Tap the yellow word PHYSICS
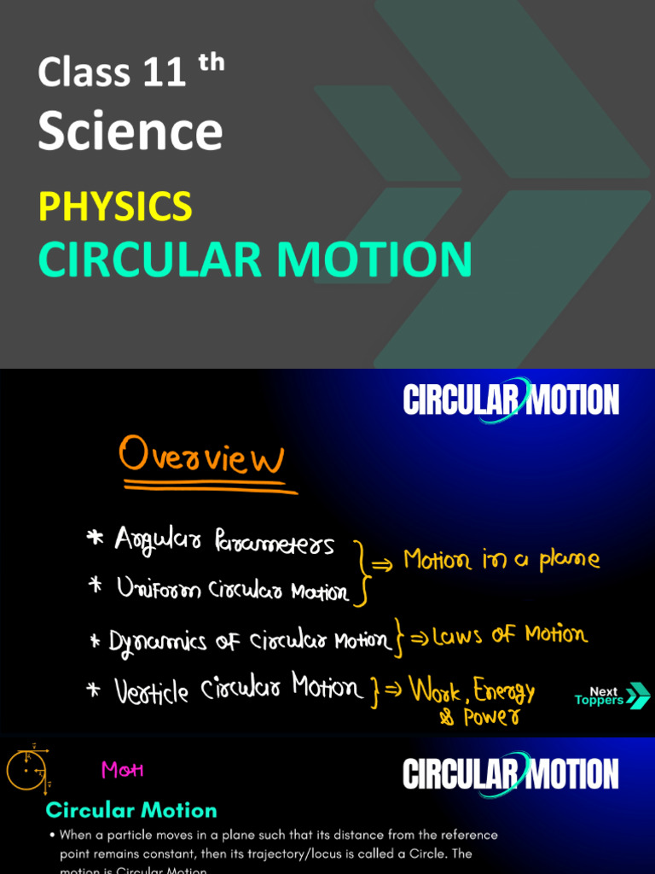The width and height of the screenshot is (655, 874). tap(115, 207)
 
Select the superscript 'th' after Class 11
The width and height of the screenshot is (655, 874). tap(211, 63)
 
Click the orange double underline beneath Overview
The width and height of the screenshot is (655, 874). tap(210, 487)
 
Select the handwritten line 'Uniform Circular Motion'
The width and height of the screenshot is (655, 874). tap(232, 590)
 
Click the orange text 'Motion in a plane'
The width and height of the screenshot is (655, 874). tap(501, 560)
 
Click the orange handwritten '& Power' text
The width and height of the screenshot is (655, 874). tap(478, 718)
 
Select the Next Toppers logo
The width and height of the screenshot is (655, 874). tap(612, 696)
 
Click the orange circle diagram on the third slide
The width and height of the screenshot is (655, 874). tap(26, 770)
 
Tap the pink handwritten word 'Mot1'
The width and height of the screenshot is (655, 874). tap(123, 770)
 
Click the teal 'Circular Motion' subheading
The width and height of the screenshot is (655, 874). tap(131, 810)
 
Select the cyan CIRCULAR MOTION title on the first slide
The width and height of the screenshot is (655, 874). tap(254, 259)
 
